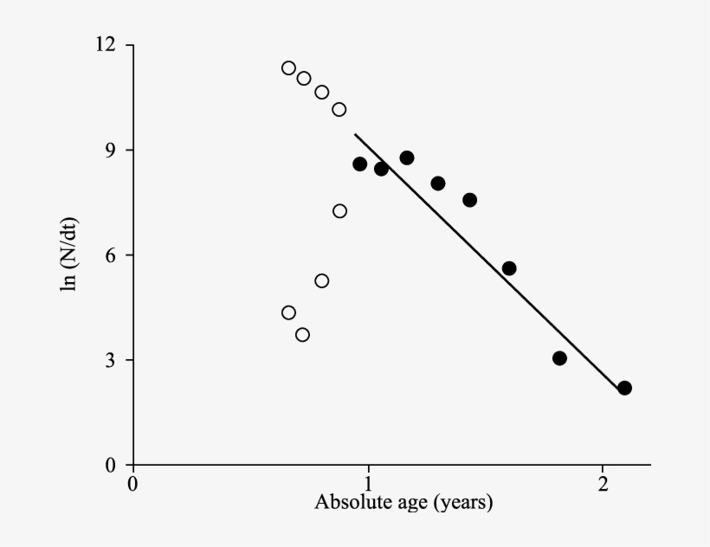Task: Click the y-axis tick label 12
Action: click(x=109, y=45)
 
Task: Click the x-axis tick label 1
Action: click(x=368, y=482)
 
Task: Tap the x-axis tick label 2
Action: click(x=603, y=482)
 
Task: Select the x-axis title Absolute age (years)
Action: click(x=403, y=503)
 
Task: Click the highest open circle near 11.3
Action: click(x=288, y=68)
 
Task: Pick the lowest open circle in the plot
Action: click(x=302, y=335)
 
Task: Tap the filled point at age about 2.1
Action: click(x=624, y=388)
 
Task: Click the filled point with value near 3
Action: click(x=559, y=358)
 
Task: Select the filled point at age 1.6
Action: click(x=509, y=268)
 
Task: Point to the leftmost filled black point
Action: click(x=359, y=164)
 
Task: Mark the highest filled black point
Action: click(x=406, y=158)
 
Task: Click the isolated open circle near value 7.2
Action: click(x=339, y=211)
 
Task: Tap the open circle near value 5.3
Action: click(x=321, y=280)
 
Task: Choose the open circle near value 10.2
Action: click(x=339, y=109)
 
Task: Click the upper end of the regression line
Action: click(x=355, y=134)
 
